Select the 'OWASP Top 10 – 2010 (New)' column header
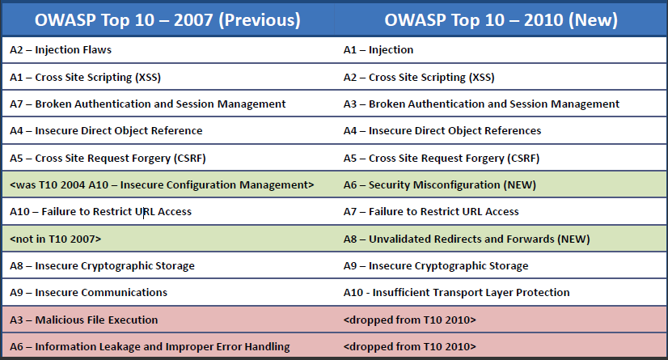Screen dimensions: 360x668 point(501,19)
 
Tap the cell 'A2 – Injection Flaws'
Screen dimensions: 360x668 point(61,50)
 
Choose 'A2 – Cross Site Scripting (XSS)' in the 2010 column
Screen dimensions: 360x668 point(419,78)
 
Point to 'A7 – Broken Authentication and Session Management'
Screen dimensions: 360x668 point(148,104)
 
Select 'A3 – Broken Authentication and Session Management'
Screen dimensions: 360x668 point(481,104)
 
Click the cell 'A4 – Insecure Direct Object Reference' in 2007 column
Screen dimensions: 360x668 point(106,131)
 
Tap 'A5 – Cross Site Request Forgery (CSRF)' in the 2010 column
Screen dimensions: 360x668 point(441,158)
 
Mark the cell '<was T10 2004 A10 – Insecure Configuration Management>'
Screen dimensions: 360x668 point(162,185)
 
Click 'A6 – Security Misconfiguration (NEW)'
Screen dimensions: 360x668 point(440,185)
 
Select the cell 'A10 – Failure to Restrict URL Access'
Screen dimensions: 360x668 point(100,212)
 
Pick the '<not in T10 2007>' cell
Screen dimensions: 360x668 point(56,239)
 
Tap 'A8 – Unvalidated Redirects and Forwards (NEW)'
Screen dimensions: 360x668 point(467,239)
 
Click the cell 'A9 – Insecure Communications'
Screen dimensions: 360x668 point(88,293)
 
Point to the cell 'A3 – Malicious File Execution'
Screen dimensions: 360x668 point(83,320)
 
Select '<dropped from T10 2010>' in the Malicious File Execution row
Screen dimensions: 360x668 point(409,320)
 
